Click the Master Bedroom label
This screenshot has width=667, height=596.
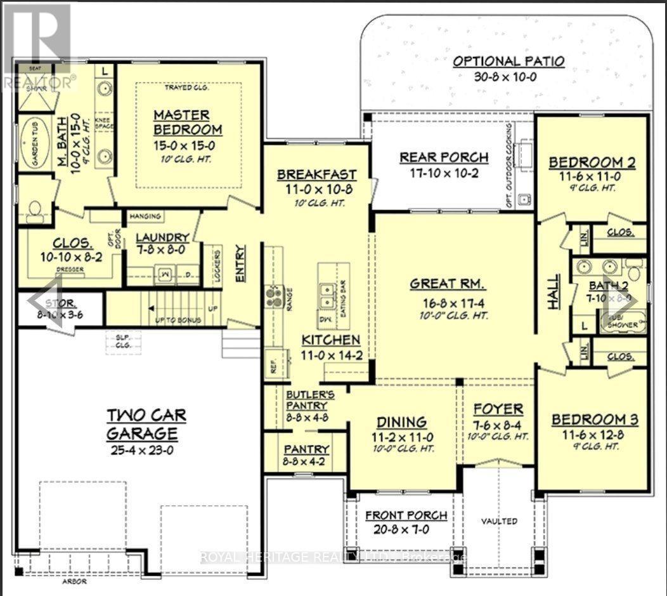(x=181, y=122)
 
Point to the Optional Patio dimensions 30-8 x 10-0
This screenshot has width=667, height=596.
(x=509, y=77)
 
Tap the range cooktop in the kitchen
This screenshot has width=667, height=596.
(x=275, y=296)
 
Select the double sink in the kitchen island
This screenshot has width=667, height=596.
(x=328, y=293)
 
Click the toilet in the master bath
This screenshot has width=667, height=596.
(x=34, y=209)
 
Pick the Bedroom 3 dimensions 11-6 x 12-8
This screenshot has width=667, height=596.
(x=594, y=436)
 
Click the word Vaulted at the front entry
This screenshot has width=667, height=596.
(x=498, y=521)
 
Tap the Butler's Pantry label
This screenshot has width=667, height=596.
(x=306, y=400)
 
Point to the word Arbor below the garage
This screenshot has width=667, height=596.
(x=75, y=581)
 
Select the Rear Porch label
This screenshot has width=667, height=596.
(x=444, y=157)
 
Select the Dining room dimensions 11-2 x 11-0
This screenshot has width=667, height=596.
(x=402, y=437)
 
